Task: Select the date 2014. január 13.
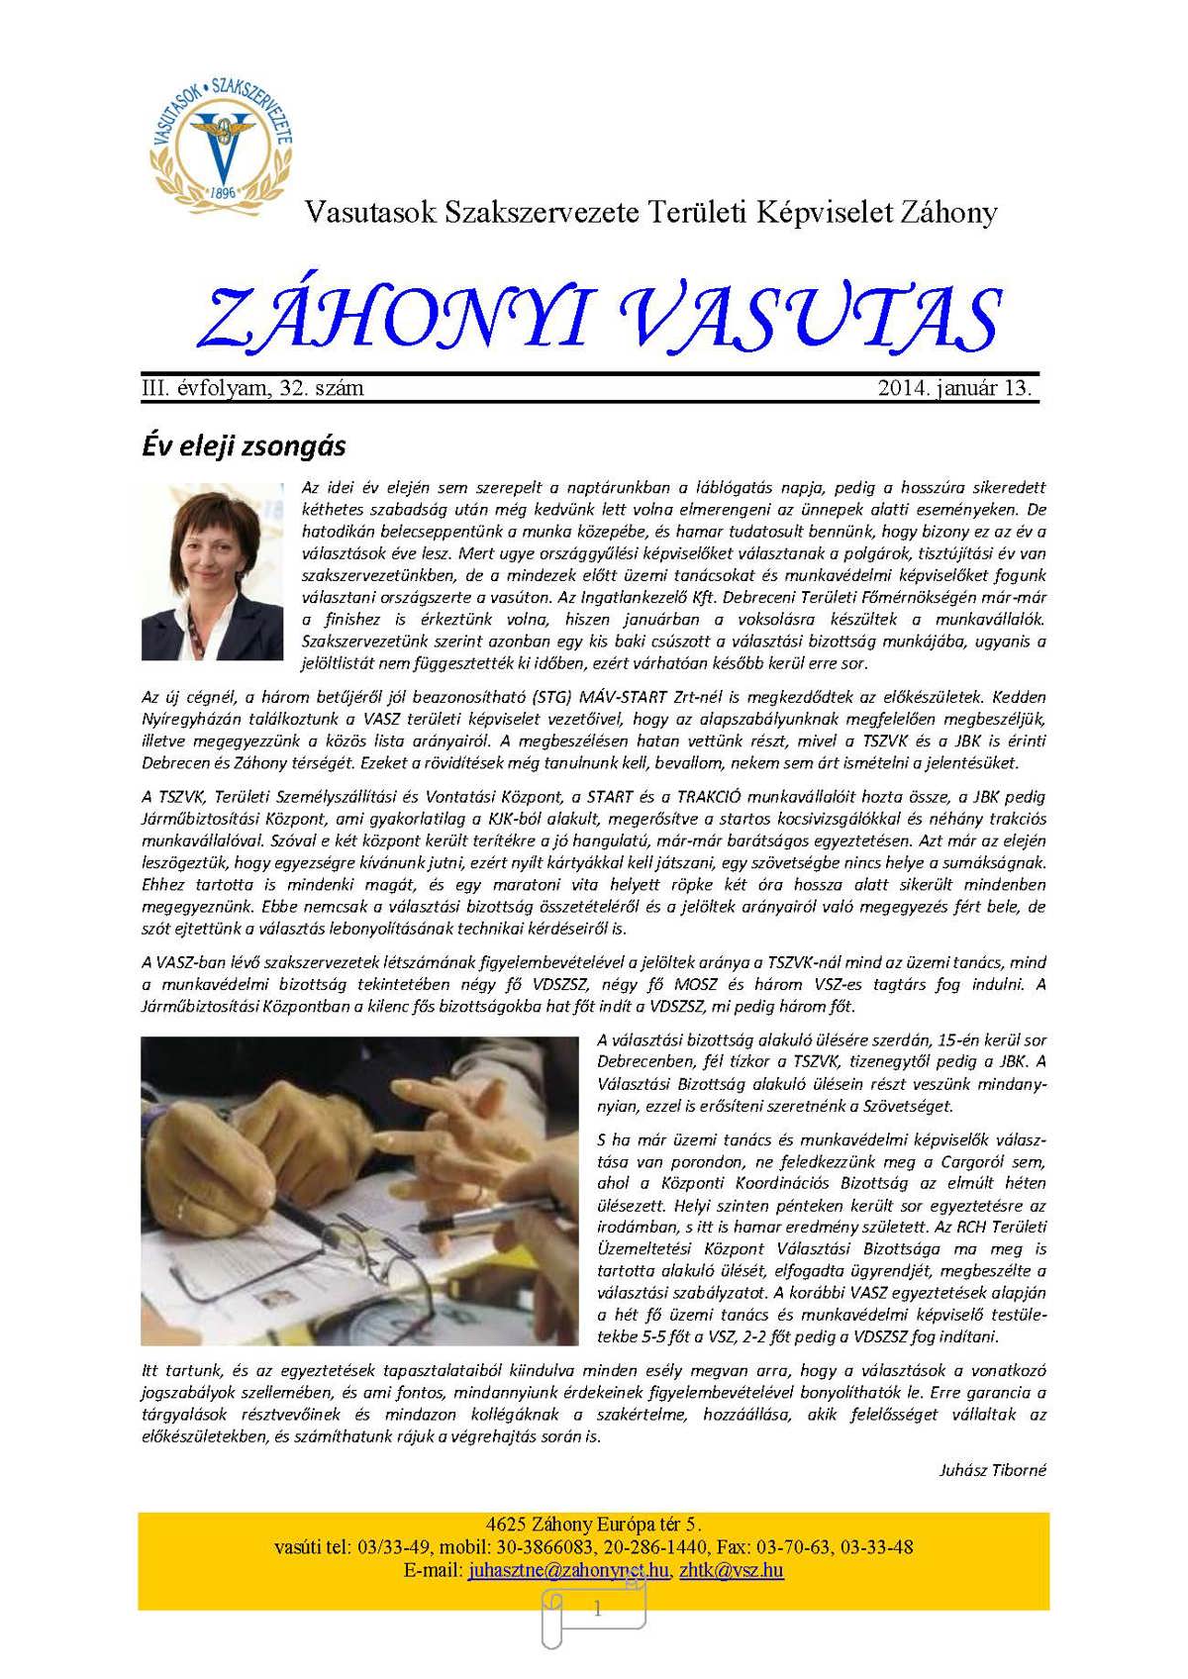[954, 388]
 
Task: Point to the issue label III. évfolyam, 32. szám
[253, 388]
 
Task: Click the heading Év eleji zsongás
[244, 446]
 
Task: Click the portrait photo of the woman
[213, 571]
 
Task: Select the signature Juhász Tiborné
[992, 1470]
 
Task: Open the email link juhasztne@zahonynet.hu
[568, 1570]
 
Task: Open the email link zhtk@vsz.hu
[732, 1570]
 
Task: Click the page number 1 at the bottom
[597, 1610]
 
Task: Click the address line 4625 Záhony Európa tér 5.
[594, 1524]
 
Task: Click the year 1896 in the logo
[224, 191]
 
